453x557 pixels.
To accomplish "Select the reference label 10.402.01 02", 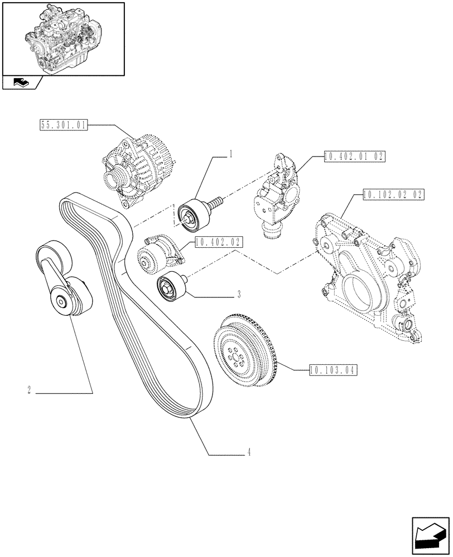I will pyautogui.click(x=354, y=158).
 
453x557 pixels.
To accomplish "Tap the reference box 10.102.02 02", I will pyautogui.click(x=393, y=194).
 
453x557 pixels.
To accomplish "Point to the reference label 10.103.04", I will pyautogui.click(x=333, y=369).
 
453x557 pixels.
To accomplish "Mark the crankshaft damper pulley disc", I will pyautogui.click(x=244, y=353).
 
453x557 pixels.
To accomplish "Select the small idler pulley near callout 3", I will pyautogui.click(x=170, y=289).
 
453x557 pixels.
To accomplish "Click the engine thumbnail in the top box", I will pyautogui.click(x=63, y=38).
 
